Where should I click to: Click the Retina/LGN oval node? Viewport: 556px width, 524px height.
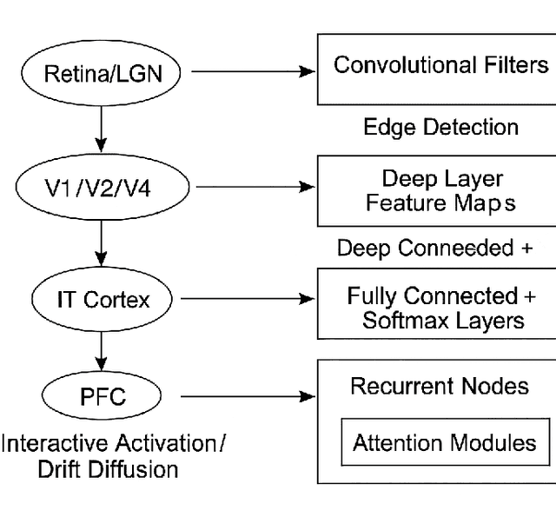click(x=103, y=73)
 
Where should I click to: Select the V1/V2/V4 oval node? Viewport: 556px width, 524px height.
click(x=103, y=187)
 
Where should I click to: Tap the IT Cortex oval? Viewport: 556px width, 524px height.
click(x=103, y=300)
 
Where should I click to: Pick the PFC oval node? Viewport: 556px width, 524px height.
click(x=103, y=396)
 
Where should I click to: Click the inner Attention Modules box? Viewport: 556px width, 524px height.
click(x=444, y=443)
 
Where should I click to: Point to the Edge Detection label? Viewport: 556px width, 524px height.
click(x=440, y=128)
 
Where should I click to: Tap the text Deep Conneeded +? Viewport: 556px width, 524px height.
click(x=434, y=249)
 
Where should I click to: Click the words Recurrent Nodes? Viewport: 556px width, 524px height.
click(x=439, y=386)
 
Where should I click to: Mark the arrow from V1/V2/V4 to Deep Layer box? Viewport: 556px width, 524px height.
click(x=252, y=187)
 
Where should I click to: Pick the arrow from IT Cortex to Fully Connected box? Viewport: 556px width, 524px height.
click(x=248, y=300)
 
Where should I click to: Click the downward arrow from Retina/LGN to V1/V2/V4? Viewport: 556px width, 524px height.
click(x=103, y=129)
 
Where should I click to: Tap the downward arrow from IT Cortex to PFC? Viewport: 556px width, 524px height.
click(x=103, y=349)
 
